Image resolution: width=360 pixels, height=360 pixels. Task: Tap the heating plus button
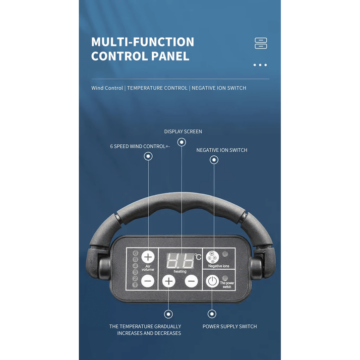169,281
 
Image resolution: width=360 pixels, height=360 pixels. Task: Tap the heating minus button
191,281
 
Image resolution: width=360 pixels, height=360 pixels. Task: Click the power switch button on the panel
212,281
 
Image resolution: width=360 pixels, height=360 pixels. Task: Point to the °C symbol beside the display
198,257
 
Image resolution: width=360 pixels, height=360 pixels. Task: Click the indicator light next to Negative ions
226,254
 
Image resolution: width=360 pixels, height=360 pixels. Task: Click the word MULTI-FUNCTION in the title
142,42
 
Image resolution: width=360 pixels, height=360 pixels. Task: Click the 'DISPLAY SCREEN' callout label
183,131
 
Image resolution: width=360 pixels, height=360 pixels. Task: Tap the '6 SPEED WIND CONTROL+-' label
140,146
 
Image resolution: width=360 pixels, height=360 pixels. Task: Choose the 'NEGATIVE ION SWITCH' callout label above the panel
222,150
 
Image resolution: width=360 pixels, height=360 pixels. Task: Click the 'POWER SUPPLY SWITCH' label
230,326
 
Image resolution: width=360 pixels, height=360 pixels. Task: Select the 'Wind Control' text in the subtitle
107,88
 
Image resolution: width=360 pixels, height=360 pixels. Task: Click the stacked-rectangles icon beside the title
261,43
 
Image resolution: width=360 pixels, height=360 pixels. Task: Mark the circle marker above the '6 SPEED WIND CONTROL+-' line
148,156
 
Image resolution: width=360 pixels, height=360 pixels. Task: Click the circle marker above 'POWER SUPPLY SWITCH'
212,314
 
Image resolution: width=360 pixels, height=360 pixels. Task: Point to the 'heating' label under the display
180,271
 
